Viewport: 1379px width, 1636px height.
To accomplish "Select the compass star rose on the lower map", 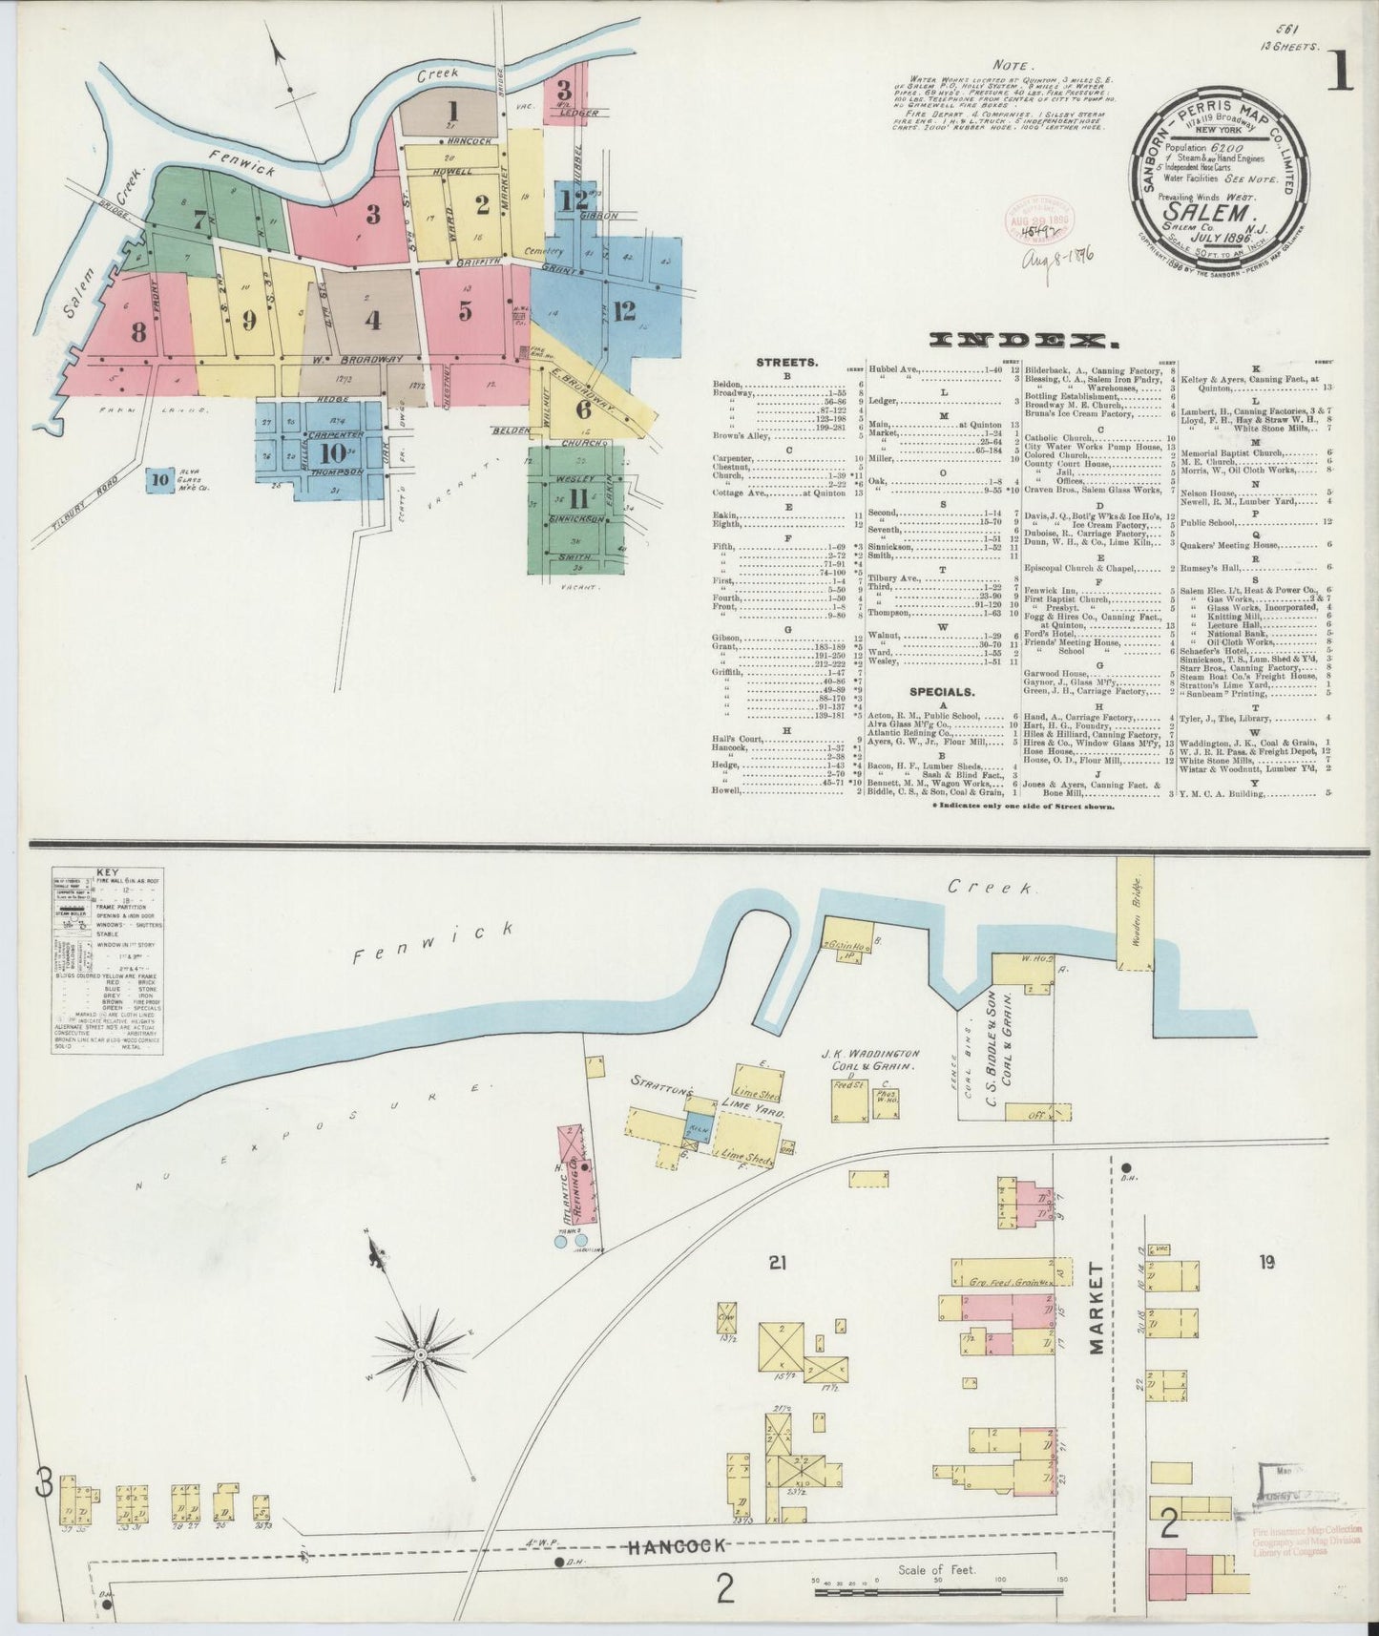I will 419,1354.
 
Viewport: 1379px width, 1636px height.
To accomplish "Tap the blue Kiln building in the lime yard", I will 698,1124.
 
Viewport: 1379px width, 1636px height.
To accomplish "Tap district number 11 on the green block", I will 577,498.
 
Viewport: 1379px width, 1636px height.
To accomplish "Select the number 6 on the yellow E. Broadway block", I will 583,409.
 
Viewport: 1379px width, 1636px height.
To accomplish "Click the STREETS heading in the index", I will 785,363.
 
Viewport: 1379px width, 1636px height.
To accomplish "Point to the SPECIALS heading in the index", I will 941,691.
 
